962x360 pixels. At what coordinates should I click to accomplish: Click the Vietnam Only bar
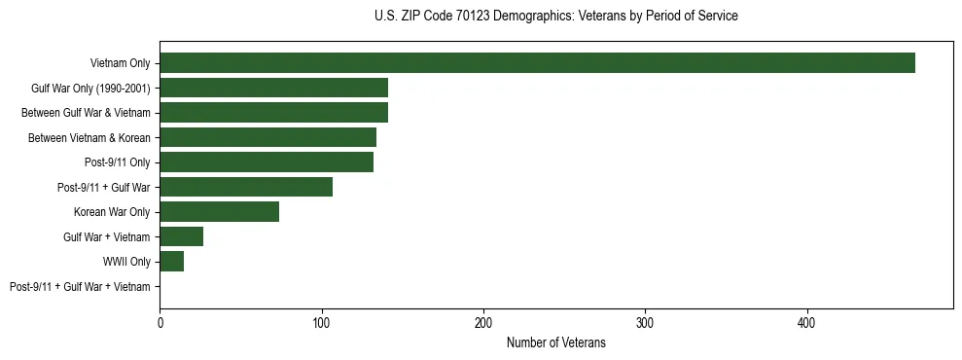pyautogui.click(x=537, y=63)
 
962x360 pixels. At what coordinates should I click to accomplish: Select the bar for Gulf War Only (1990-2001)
pyautogui.click(x=273, y=88)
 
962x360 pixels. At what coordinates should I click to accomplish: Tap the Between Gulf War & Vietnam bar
pyautogui.click(x=273, y=113)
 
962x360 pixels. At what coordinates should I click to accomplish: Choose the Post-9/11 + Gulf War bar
pyautogui.click(x=246, y=187)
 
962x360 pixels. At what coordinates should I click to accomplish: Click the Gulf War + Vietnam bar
pyautogui.click(x=181, y=236)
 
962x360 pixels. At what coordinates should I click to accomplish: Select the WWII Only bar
pyautogui.click(x=171, y=262)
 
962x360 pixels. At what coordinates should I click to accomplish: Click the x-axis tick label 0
pyautogui.click(x=160, y=322)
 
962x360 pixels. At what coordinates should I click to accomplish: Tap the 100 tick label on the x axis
pyautogui.click(x=321, y=322)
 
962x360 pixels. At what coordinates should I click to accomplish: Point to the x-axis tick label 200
pyautogui.click(x=483, y=322)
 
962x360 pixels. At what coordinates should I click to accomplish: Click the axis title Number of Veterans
pyautogui.click(x=555, y=342)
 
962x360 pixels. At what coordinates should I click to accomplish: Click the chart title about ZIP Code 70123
pyautogui.click(x=555, y=17)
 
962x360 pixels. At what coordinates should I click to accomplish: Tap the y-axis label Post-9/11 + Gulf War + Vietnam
pyautogui.click(x=80, y=287)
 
